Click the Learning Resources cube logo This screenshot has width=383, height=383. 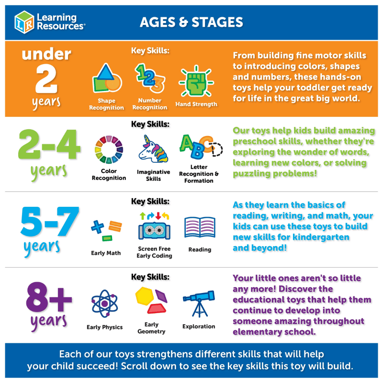24,22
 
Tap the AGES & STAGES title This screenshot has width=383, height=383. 191,22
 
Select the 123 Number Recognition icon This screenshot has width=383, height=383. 150,78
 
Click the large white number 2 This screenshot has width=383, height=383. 46,79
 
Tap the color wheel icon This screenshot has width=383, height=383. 109,149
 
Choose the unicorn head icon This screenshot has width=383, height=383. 153,149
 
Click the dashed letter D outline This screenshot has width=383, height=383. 217,149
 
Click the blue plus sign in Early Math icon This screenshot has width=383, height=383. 98,226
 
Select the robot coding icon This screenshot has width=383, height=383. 154,226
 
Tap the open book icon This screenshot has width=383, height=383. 200,227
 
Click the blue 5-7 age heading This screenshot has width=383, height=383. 50,221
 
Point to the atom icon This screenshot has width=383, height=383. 104,304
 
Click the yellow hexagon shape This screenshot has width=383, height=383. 145,296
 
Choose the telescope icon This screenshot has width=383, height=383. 199,304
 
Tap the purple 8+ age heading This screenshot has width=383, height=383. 49,297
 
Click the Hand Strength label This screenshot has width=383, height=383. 196,104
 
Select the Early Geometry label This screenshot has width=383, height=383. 151,328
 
